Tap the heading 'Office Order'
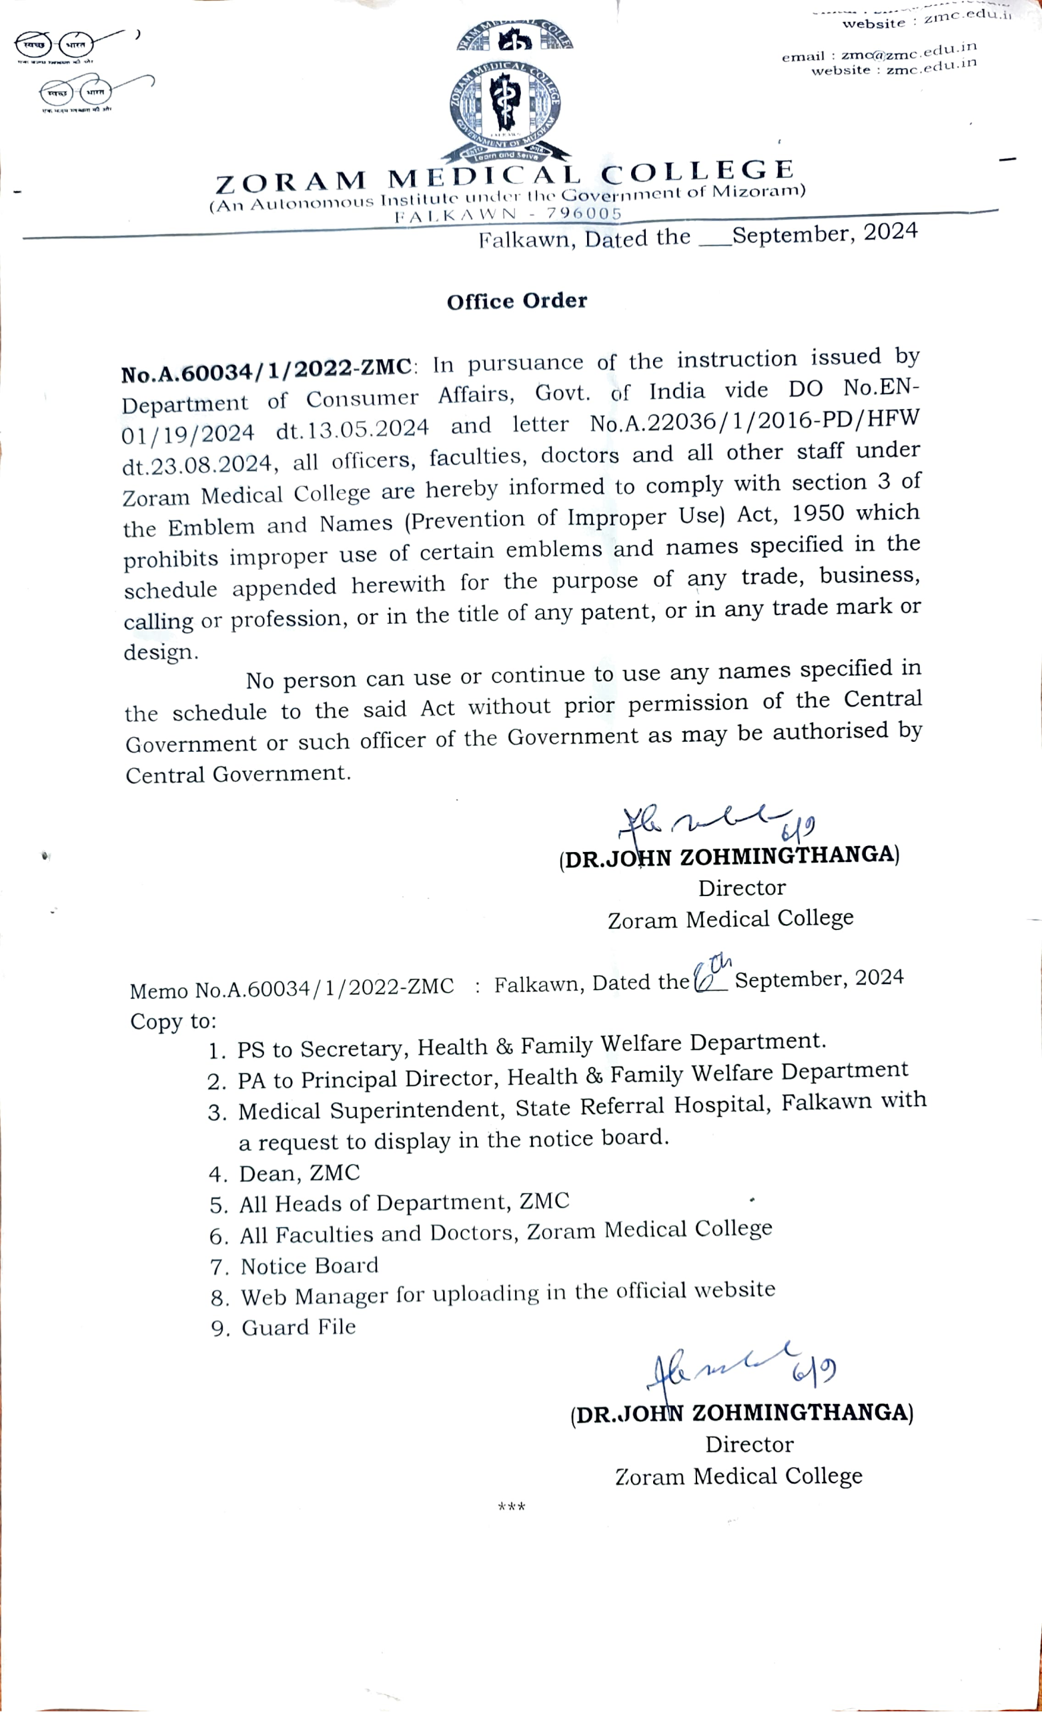tap(517, 301)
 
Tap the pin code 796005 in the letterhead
tap(584, 213)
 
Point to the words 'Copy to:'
tap(173, 1021)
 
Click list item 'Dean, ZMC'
tap(300, 1174)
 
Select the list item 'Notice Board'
tap(309, 1266)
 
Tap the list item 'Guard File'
tap(299, 1328)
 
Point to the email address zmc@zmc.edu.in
tap(909, 51)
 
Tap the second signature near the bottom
tap(740, 1366)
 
